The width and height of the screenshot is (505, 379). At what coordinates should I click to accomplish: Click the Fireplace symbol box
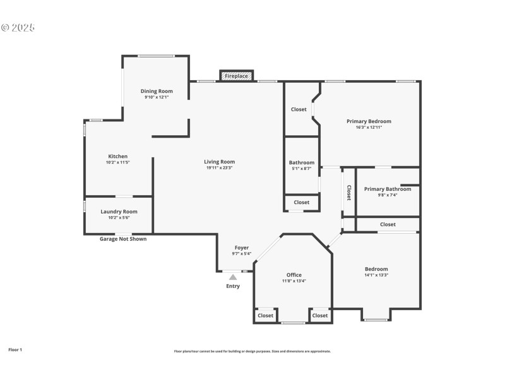[237, 76]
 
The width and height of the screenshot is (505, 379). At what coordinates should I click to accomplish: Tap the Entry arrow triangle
[233, 277]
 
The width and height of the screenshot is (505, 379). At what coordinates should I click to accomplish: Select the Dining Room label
[157, 91]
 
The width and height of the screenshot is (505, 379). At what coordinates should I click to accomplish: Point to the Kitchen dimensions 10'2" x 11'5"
[117, 162]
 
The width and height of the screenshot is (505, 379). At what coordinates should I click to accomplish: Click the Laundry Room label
[119, 212]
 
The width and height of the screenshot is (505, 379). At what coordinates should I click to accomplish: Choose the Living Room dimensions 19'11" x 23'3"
[220, 167]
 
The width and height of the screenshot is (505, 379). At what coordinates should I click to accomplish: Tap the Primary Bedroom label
[369, 121]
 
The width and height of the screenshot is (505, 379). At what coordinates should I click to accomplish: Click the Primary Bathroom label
[388, 189]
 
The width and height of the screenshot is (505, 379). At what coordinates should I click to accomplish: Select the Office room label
[294, 275]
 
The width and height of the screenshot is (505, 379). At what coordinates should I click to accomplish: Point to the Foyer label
[242, 248]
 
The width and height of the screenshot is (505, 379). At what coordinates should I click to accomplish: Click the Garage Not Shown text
[123, 239]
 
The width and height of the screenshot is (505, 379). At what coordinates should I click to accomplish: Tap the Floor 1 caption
[15, 349]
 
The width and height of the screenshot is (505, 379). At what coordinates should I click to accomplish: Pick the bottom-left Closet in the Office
[265, 315]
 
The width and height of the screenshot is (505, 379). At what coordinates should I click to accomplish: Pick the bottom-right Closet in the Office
[320, 315]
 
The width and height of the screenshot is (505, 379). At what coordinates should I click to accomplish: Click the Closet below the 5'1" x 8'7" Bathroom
[302, 202]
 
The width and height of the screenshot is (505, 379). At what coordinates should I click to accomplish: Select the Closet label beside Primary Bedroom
[299, 109]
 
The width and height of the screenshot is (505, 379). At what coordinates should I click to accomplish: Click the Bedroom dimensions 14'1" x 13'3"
[376, 275]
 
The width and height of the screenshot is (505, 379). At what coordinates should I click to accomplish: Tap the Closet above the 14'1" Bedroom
[388, 224]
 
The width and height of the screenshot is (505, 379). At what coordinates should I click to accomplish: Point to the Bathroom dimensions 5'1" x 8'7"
[302, 169]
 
